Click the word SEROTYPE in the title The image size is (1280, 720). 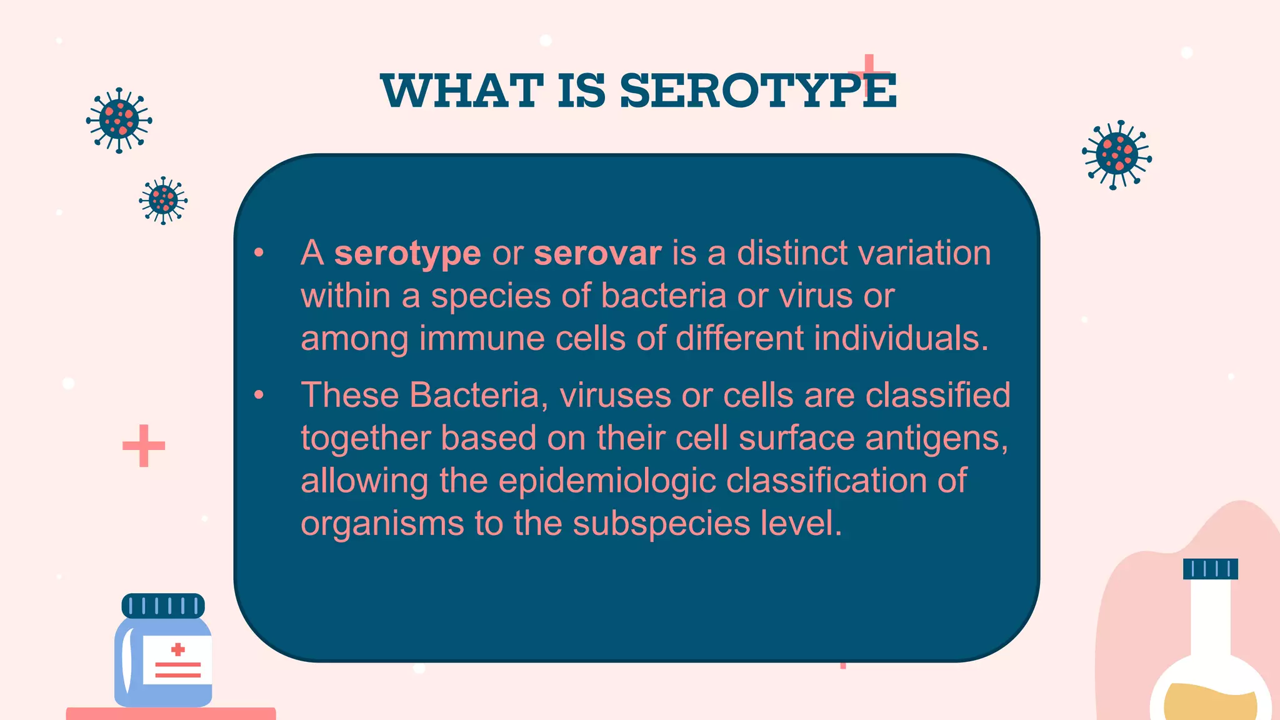pyautogui.click(x=757, y=91)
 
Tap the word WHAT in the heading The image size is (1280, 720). pyautogui.click(x=462, y=91)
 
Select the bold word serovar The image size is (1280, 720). pyautogui.click(x=597, y=253)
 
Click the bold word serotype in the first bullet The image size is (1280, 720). pyautogui.click(x=407, y=254)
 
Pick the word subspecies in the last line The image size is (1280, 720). pyautogui.click(x=661, y=524)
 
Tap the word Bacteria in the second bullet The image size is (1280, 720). pyautogui.click(x=474, y=396)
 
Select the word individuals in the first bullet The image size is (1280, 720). pyautogui.click(x=901, y=339)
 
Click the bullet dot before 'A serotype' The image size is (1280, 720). pyautogui.click(x=259, y=253)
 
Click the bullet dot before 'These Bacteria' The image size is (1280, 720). pyautogui.click(x=259, y=395)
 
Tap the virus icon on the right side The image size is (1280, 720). pyautogui.click(x=1117, y=154)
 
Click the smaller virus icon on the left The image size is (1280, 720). pyautogui.click(x=163, y=201)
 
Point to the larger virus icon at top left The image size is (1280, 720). pyautogui.click(x=119, y=120)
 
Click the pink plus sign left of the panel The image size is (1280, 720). pyautogui.click(x=144, y=446)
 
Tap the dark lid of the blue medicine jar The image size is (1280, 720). pyautogui.click(x=163, y=606)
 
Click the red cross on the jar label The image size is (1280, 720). pyautogui.click(x=178, y=649)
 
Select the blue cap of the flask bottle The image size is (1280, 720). pyautogui.click(x=1210, y=569)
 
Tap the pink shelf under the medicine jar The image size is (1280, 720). pyautogui.click(x=171, y=714)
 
